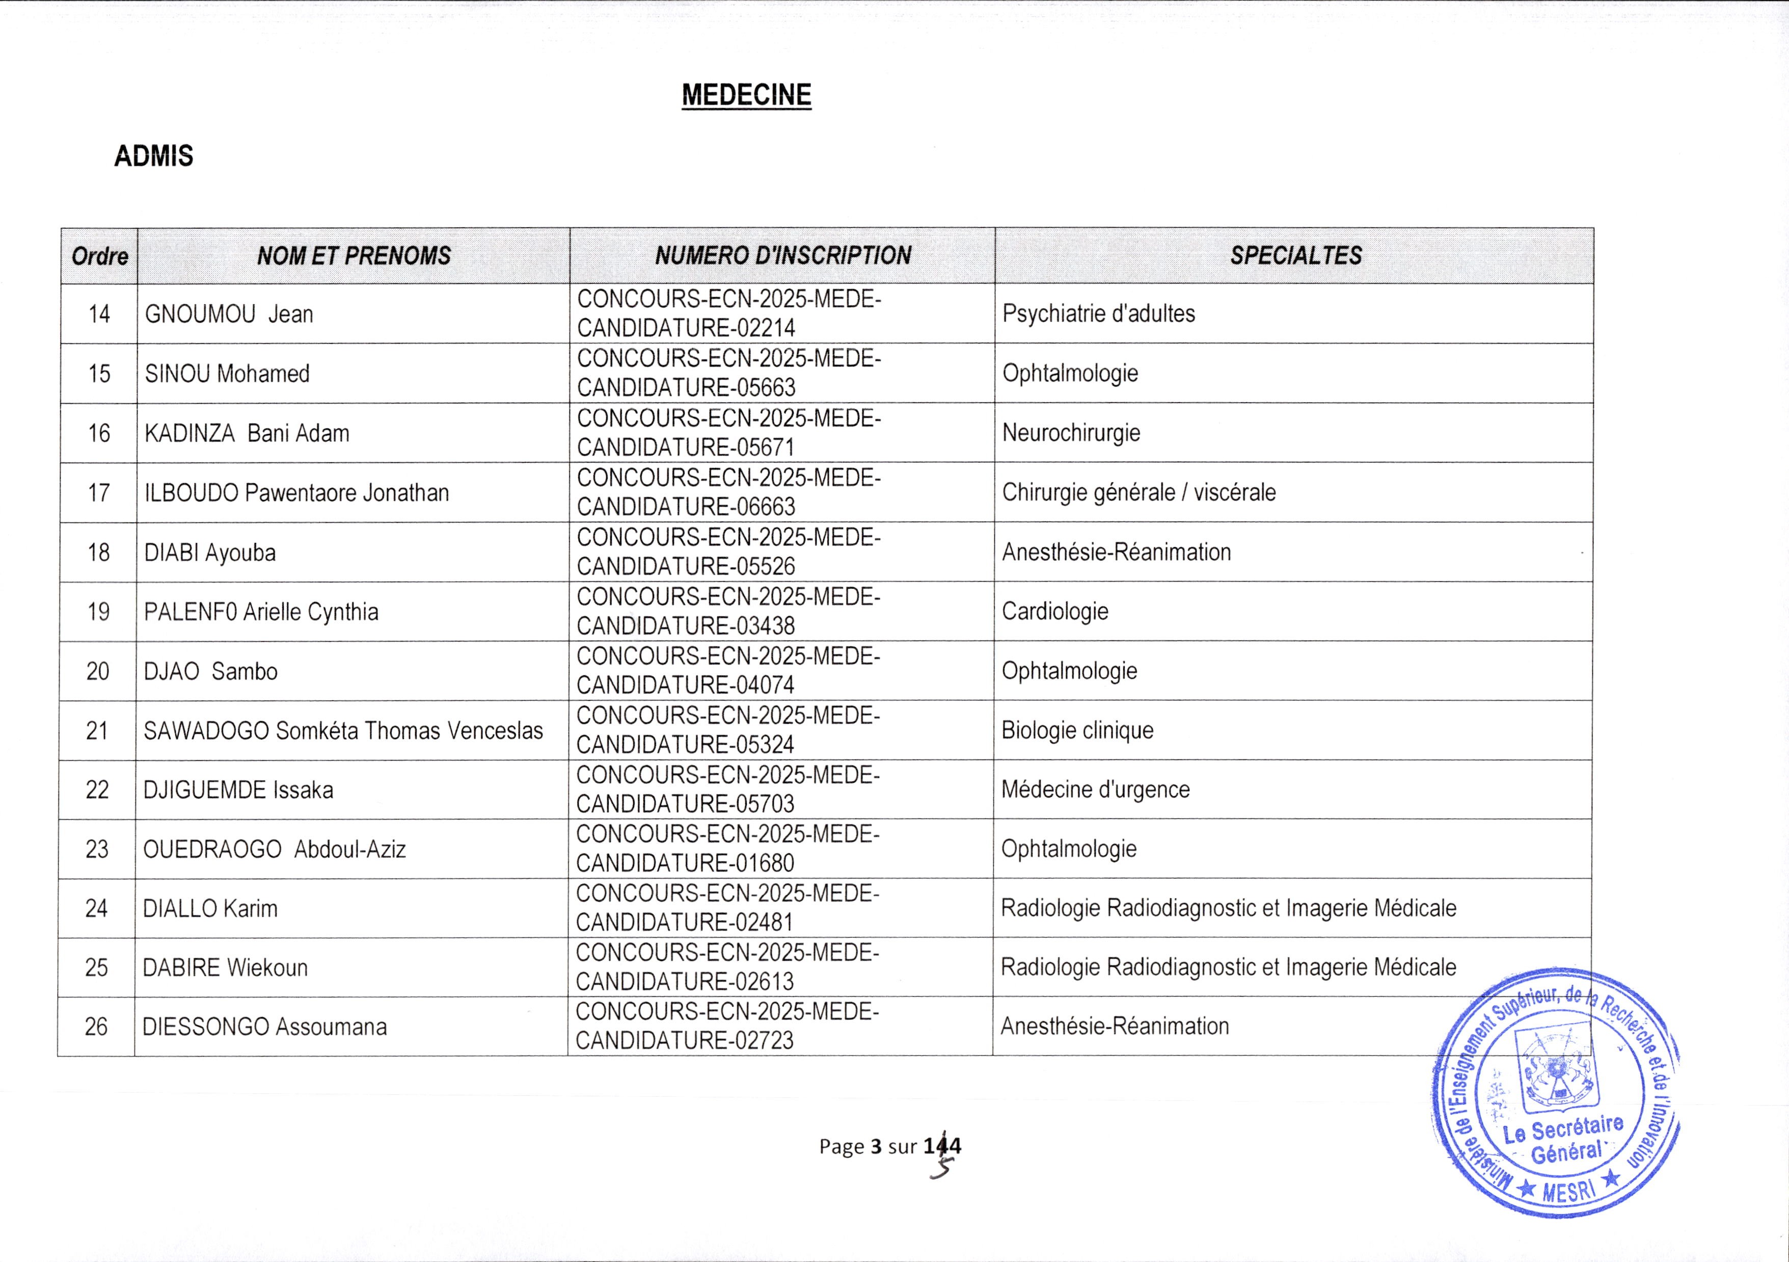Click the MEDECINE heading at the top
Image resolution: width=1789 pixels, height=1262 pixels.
pyautogui.click(x=746, y=95)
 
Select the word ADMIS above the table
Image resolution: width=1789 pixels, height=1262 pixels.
pyautogui.click(x=153, y=156)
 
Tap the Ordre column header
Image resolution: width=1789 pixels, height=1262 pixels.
pyautogui.click(x=100, y=256)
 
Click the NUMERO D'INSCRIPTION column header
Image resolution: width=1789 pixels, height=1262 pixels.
pyautogui.click(x=782, y=256)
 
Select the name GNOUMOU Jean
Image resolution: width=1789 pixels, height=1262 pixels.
pyautogui.click(x=229, y=314)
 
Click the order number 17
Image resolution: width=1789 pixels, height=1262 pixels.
pyautogui.click(x=99, y=493)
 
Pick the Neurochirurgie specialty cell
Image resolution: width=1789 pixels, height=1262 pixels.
pyautogui.click(x=1071, y=433)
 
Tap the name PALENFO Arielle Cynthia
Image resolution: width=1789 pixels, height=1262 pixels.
pyautogui.click(x=261, y=612)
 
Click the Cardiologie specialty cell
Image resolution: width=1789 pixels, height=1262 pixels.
pyautogui.click(x=1055, y=611)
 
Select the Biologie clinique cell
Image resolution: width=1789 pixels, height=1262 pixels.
pyautogui.click(x=1077, y=730)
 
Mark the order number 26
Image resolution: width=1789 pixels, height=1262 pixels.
pyautogui.click(x=96, y=1027)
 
